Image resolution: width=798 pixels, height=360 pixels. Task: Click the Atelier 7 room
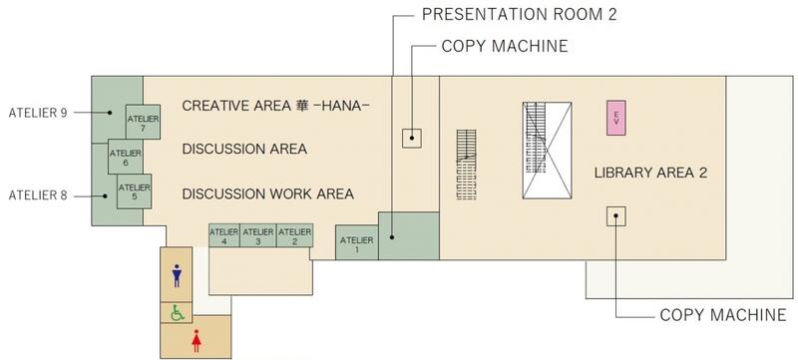(143, 122)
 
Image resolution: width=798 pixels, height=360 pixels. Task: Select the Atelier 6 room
(126, 157)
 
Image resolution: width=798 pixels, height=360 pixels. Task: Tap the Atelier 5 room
(135, 191)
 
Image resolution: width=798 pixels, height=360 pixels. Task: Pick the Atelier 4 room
(224, 235)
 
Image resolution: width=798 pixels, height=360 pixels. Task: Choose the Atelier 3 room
(258, 235)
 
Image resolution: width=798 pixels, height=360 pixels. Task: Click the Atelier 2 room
(294, 235)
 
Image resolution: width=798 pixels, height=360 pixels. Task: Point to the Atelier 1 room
(357, 242)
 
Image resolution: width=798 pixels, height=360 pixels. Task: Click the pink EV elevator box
(615, 118)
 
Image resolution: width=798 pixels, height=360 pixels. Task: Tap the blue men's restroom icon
(177, 275)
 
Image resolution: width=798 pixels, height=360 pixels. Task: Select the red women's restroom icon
(197, 341)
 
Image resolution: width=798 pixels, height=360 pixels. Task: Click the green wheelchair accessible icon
(178, 313)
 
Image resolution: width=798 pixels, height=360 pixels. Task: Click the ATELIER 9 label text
(38, 113)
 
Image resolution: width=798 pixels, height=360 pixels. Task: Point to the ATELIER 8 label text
(38, 195)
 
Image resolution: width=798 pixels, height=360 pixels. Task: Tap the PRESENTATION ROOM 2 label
(519, 14)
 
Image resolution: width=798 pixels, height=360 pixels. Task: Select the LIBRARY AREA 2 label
(651, 173)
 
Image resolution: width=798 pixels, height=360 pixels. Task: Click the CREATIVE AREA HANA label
(276, 106)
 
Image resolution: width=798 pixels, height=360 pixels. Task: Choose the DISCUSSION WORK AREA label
(268, 194)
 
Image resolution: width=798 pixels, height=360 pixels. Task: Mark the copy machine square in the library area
(615, 216)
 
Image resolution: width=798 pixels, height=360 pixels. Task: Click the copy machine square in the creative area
(412, 139)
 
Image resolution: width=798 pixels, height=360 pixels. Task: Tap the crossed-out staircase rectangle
(547, 151)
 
